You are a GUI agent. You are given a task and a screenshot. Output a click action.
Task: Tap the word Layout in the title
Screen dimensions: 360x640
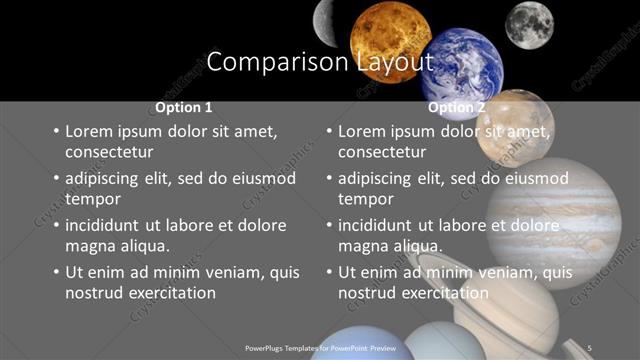tap(394, 62)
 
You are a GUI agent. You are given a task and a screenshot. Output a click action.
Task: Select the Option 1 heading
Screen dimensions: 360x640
tap(184, 107)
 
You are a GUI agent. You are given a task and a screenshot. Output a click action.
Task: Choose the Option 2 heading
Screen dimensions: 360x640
tap(456, 107)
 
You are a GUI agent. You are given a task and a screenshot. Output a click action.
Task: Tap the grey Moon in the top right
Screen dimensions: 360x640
tap(528, 24)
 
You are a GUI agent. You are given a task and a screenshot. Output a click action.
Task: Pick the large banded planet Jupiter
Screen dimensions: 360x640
tap(580, 220)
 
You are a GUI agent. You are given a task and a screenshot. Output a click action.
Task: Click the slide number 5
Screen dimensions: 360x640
tap(590, 347)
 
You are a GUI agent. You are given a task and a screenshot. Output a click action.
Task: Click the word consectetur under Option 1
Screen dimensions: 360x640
tap(109, 152)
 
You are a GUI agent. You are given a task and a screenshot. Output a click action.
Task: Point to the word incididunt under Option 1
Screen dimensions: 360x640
tap(107, 225)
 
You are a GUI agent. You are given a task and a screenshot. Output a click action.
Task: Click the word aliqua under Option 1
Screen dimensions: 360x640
tap(144, 246)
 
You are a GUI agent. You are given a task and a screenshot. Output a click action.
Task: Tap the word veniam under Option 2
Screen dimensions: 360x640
tap(482, 272)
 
